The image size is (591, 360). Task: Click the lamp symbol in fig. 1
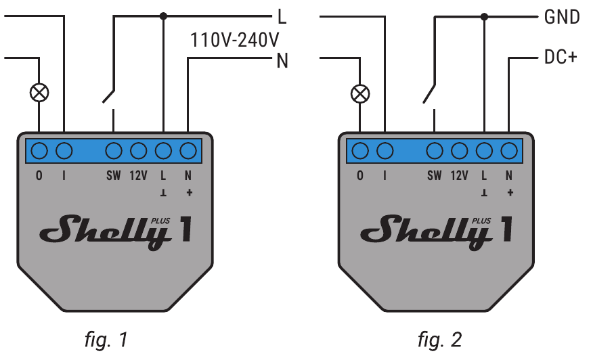40,93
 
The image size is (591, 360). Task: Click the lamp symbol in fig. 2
362,93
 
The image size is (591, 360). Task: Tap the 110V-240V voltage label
234,39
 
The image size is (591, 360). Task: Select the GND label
561,17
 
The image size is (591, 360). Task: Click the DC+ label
561,58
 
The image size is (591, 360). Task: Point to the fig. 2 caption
439,338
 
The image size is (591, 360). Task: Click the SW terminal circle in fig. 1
114,150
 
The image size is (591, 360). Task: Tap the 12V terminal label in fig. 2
459,175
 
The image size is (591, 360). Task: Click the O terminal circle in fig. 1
39,150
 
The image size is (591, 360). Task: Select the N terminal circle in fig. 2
508,150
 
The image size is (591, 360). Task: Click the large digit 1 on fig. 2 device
504,229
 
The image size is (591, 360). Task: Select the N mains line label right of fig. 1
282,60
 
